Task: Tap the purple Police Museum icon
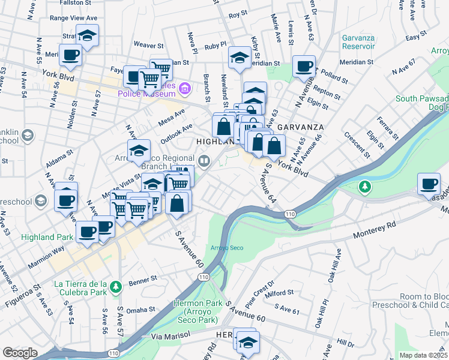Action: coord(184,90)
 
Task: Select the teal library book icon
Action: coord(204,160)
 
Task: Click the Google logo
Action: coord(20,353)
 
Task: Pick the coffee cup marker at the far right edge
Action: coord(430,184)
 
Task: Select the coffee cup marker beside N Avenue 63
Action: coord(304,66)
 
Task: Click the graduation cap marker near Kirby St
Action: coord(240,58)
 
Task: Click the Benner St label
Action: coord(145,279)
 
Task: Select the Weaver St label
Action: coord(149,45)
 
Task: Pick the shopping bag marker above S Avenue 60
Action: coord(178,203)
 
